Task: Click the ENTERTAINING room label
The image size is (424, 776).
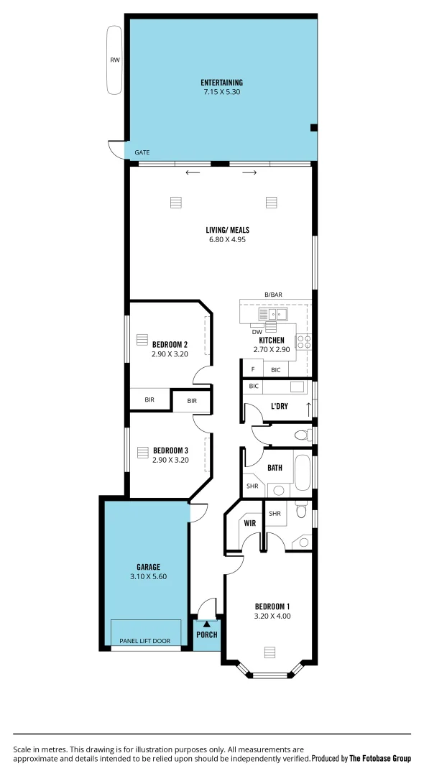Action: pyautogui.click(x=221, y=83)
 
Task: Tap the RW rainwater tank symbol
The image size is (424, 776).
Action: pyautogui.click(x=114, y=60)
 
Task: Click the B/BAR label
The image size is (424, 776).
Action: pyautogui.click(x=273, y=295)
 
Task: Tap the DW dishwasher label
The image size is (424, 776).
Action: pyautogui.click(x=257, y=331)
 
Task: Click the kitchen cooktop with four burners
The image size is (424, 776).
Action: pyautogui.click(x=304, y=342)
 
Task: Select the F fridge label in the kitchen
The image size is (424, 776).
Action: pyautogui.click(x=252, y=369)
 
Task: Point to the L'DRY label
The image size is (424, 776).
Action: pyautogui.click(x=280, y=407)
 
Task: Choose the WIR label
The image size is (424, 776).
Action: pyautogui.click(x=249, y=524)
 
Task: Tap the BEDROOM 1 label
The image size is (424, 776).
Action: pyautogui.click(x=272, y=606)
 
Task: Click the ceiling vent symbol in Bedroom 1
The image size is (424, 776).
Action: pyautogui.click(x=269, y=652)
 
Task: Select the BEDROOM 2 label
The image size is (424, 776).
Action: pyautogui.click(x=170, y=344)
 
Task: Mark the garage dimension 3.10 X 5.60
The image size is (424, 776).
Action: pyautogui.click(x=149, y=576)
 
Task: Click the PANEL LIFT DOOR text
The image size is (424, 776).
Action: pyautogui.click(x=149, y=640)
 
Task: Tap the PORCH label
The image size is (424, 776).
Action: pyautogui.click(x=207, y=634)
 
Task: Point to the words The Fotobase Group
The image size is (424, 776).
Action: pyautogui.click(x=380, y=758)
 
